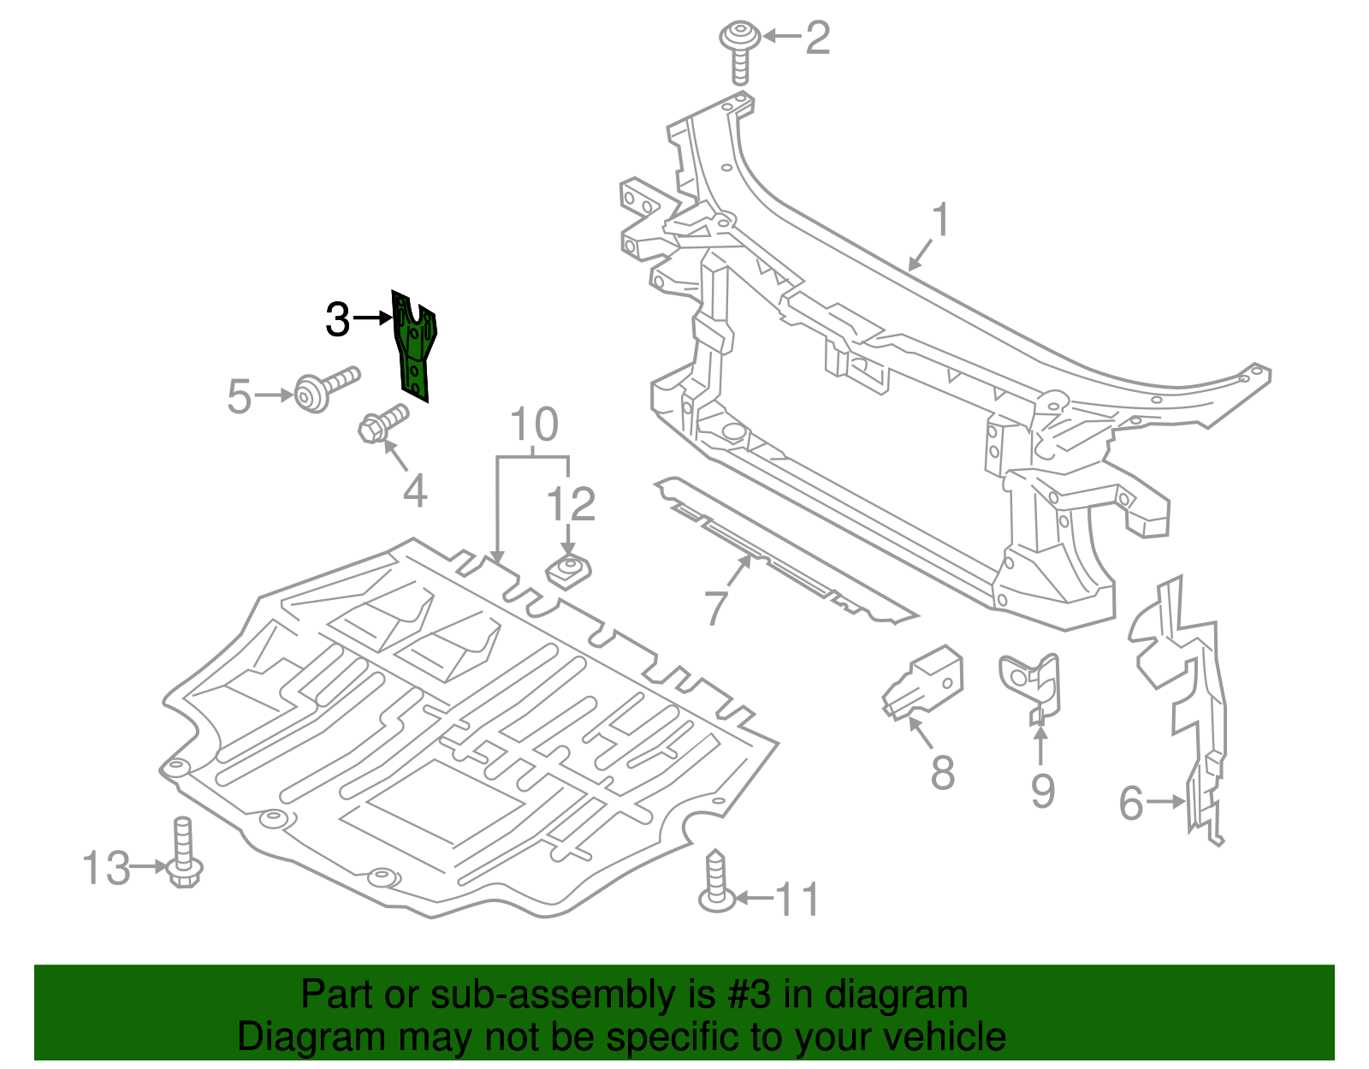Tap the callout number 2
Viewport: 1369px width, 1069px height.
pos(817,39)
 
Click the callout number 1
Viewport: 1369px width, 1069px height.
pos(939,220)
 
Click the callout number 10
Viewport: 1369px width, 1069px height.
pos(534,425)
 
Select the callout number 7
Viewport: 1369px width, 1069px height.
pos(716,608)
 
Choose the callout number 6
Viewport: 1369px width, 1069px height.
pos(1131,803)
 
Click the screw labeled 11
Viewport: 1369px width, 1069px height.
pos(717,882)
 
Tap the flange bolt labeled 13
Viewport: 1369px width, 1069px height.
pos(183,856)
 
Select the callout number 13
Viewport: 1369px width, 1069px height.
pos(106,869)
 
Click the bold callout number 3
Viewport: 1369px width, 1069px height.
pos(338,320)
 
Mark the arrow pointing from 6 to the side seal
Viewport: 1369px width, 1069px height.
pos(1166,802)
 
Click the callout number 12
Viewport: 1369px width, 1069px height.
pos(571,504)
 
